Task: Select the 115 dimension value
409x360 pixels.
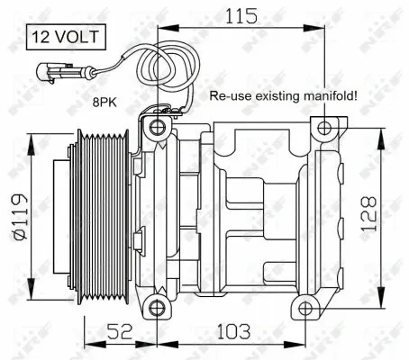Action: tap(238, 15)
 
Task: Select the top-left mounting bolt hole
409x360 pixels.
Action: tap(159, 126)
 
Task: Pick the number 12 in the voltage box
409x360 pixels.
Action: tap(41, 37)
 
